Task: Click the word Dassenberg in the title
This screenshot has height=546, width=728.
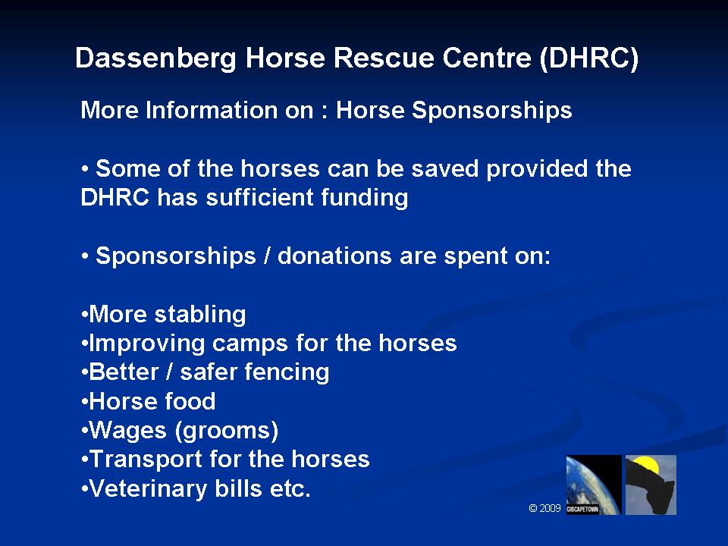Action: [156, 59]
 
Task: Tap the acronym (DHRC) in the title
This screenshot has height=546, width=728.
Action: [589, 58]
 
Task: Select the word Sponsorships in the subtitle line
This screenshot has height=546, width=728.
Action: [492, 111]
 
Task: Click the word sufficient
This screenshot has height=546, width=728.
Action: [259, 197]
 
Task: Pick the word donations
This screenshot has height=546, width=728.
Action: [334, 256]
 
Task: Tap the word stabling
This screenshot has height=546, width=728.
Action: [200, 315]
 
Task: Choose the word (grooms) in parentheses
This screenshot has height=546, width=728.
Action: [227, 431]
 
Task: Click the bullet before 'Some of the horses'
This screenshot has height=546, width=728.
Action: [85, 169]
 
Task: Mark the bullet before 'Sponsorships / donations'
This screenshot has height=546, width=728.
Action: [85, 256]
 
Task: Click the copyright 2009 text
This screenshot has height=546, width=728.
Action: [545, 508]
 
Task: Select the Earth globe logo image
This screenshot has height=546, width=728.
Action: [594, 485]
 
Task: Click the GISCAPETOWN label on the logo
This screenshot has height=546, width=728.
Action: [582, 510]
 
